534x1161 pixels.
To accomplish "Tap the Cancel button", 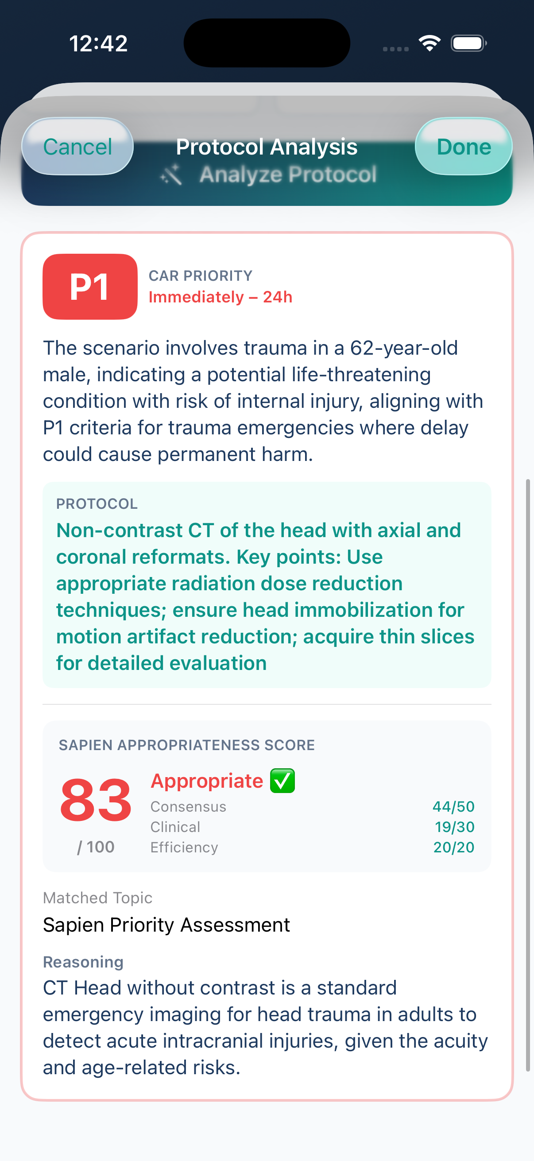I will (x=77, y=147).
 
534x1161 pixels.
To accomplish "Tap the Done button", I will (x=463, y=147).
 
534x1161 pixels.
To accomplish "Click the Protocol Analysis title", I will (x=267, y=147).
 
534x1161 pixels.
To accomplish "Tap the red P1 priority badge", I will (x=90, y=286).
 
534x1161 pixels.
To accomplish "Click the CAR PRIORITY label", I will (x=201, y=276).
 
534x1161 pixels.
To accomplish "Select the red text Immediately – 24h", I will (x=221, y=298).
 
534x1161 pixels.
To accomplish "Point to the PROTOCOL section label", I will (x=97, y=504).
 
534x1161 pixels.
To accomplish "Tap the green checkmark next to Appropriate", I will (x=282, y=781).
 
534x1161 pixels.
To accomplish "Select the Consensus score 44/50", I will (x=453, y=806).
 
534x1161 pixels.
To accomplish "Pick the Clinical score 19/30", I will (x=454, y=827).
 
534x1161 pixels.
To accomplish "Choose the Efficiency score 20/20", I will (x=454, y=848).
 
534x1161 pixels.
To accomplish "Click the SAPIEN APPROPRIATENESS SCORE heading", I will (x=186, y=745).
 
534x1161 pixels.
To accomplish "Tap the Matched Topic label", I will (x=98, y=898).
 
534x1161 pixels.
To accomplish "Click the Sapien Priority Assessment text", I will (x=166, y=925).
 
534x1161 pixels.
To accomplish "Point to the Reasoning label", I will (x=83, y=962).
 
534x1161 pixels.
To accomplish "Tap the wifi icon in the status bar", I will (x=430, y=43).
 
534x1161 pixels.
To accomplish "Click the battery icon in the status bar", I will (x=468, y=43).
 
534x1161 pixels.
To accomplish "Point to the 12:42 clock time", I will (x=98, y=44).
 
